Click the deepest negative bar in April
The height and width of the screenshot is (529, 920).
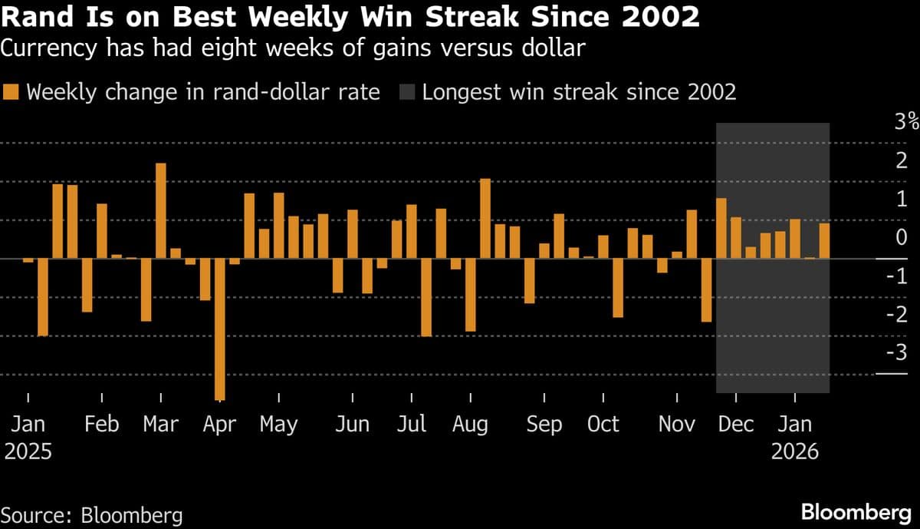point(220,329)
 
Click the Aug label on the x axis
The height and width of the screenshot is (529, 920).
point(470,425)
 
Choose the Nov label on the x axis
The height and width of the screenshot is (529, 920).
point(678,425)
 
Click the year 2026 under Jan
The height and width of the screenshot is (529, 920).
point(794,451)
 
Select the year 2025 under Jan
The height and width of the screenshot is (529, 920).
point(28,451)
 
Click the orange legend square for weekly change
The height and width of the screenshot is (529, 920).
point(11,93)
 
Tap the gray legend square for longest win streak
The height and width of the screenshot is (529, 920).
point(407,93)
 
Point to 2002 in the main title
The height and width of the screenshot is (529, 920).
point(656,17)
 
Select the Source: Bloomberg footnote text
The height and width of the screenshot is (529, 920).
point(92,514)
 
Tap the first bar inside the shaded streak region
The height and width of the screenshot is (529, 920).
point(721,228)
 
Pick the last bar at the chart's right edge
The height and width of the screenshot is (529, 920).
point(824,241)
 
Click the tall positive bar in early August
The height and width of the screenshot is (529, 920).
point(485,219)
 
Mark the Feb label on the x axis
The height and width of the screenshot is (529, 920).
point(102,425)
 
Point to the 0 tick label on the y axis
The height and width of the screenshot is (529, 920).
point(901,236)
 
